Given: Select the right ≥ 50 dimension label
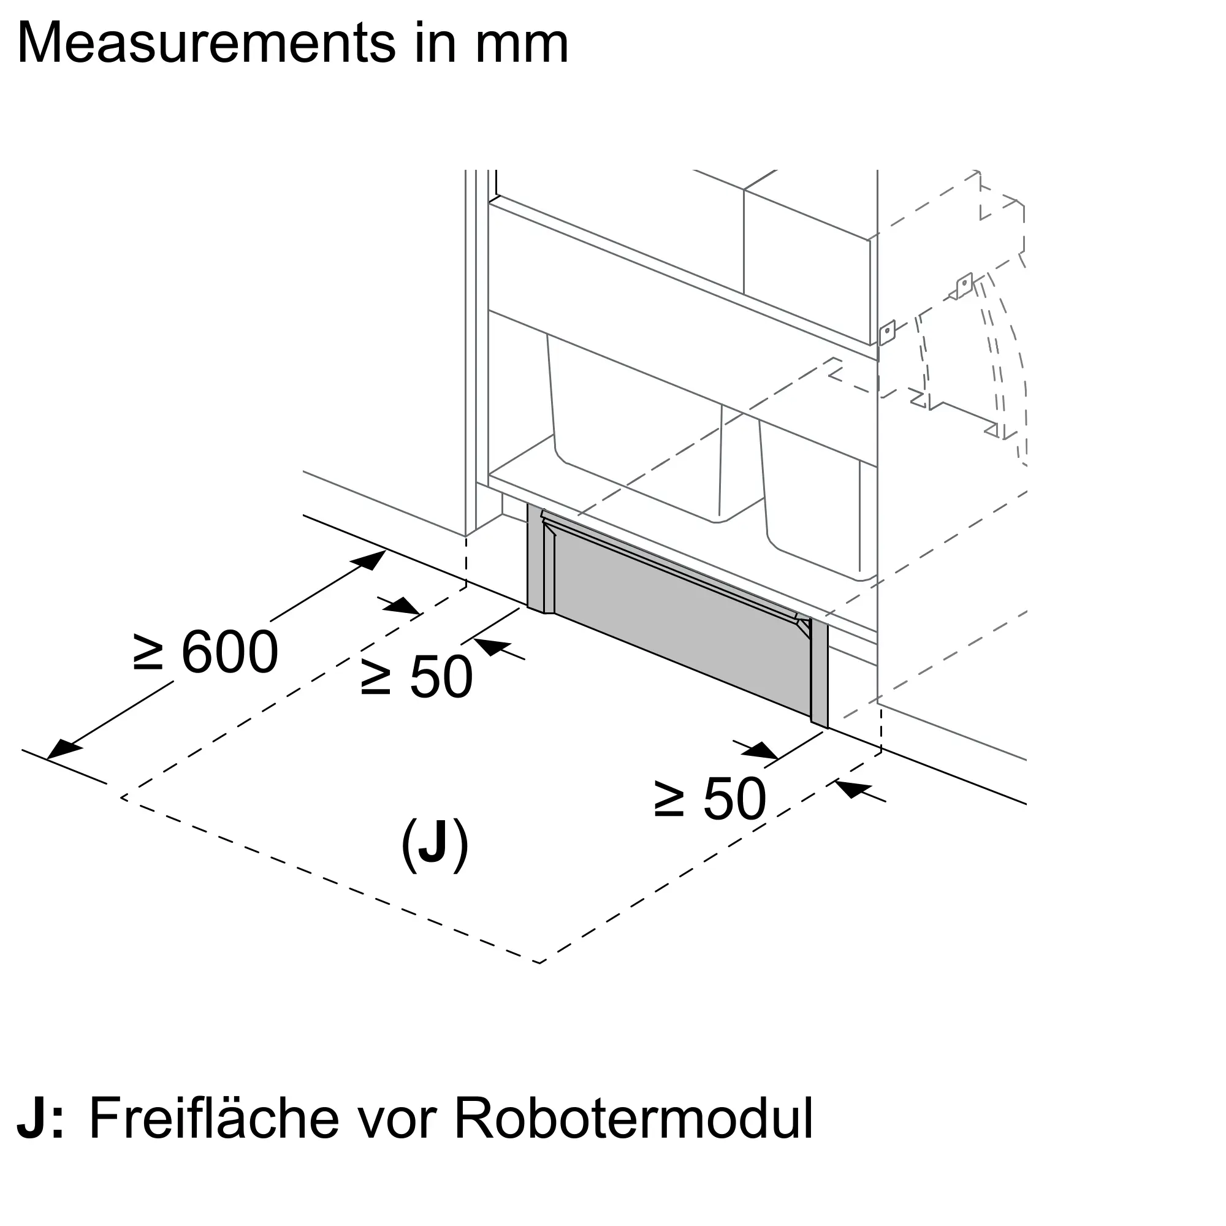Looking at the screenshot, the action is pos(710,799).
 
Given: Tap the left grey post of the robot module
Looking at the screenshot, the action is pos(536,558).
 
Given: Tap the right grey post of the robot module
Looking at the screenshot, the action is pos(819,673).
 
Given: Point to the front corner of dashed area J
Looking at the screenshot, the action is pos(539,981).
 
